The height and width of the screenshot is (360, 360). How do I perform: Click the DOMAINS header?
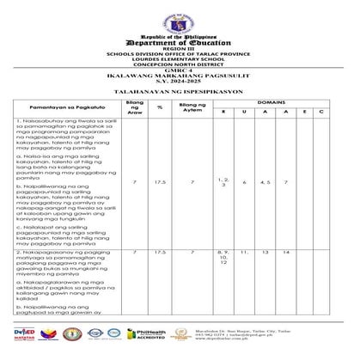272,101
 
